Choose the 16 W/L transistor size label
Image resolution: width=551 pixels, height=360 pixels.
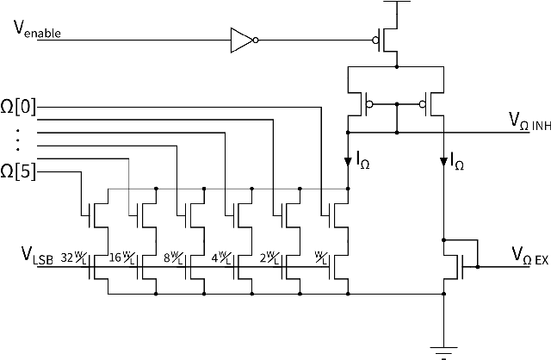pyautogui.click(x=122, y=258)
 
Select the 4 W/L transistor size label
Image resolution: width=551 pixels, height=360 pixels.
pyautogui.click(x=220, y=258)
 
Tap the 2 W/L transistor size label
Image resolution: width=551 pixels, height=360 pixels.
pyautogui.click(x=268, y=258)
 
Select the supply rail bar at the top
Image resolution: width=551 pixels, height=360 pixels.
pyautogui.click(x=395, y=4)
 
